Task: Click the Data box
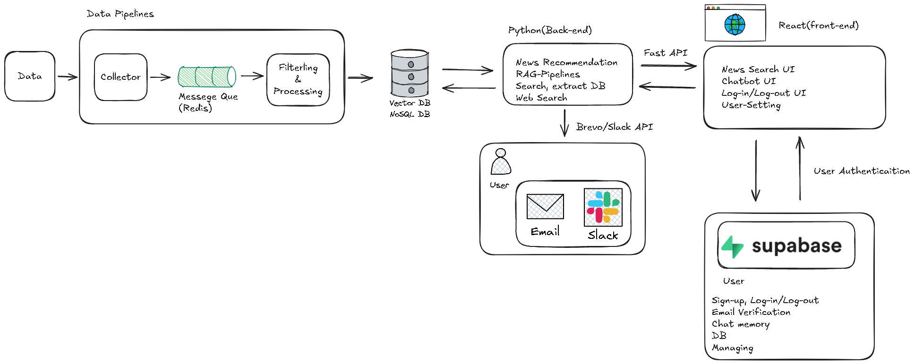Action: [x=30, y=76]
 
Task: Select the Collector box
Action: [x=120, y=77]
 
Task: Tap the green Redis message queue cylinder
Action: [x=207, y=76]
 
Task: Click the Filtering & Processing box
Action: [x=298, y=79]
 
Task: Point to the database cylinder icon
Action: [x=410, y=73]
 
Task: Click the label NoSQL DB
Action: [x=410, y=114]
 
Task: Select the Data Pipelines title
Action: [x=120, y=14]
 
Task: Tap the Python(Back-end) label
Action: [x=550, y=30]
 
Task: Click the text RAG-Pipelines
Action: [x=547, y=74]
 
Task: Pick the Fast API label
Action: [x=665, y=53]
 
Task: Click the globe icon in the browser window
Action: [x=735, y=25]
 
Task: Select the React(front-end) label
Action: [x=819, y=25]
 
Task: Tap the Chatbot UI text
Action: [x=749, y=81]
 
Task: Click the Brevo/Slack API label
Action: [x=615, y=127]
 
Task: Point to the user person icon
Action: [x=501, y=161]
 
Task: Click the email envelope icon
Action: [x=545, y=206]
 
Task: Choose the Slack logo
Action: [x=603, y=207]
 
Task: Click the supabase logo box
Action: [x=786, y=245]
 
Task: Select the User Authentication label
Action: [x=862, y=171]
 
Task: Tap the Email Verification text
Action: [x=751, y=312]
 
